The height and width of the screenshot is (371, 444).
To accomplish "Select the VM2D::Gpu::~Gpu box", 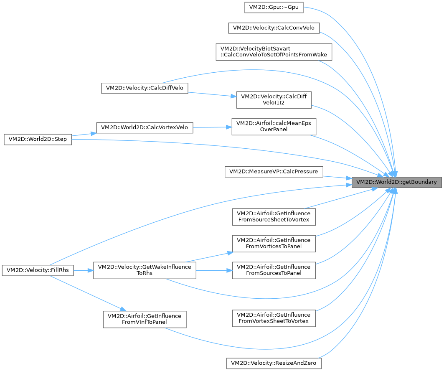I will click(x=274, y=7).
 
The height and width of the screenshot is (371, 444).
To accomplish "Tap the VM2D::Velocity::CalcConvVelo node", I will click(x=274, y=28).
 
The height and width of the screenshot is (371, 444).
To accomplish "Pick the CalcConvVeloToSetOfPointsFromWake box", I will click(x=274, y=52).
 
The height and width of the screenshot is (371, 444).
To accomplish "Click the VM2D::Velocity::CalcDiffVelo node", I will click(x=145, y=88).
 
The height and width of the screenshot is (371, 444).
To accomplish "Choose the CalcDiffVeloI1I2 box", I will click(x=274, y=99).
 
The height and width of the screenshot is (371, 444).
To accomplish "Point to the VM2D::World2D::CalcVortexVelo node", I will click(x=145, y=127).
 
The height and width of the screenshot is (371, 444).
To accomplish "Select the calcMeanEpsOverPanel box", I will click(x=274, y=126).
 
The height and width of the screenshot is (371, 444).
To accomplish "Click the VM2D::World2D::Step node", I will click(x=38, y=140).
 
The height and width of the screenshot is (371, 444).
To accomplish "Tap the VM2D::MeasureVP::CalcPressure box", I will click(x=274, y=171).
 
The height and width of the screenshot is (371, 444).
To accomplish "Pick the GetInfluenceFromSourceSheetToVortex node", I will click(x=274, y=216).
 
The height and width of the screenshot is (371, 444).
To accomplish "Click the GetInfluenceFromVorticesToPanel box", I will click(x=274, y=243).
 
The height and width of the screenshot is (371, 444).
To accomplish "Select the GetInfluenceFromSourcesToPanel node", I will click(x=274, y=270).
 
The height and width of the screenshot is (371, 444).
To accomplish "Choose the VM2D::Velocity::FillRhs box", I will click(x=38, y=270).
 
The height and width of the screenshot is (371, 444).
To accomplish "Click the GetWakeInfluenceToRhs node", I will click(x=145, y=270).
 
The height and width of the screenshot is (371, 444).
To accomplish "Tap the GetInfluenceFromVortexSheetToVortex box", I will click(x=274, y=318).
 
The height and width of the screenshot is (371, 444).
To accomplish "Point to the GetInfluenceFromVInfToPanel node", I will click(x=145, y=319).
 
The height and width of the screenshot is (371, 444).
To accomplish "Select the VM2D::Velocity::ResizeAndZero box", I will click(x=274, y=363).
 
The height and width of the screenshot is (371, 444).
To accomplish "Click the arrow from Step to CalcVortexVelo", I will click(x=84, y=134).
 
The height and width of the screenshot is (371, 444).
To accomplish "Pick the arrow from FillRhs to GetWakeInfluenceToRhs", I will click(x=83, y=270).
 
